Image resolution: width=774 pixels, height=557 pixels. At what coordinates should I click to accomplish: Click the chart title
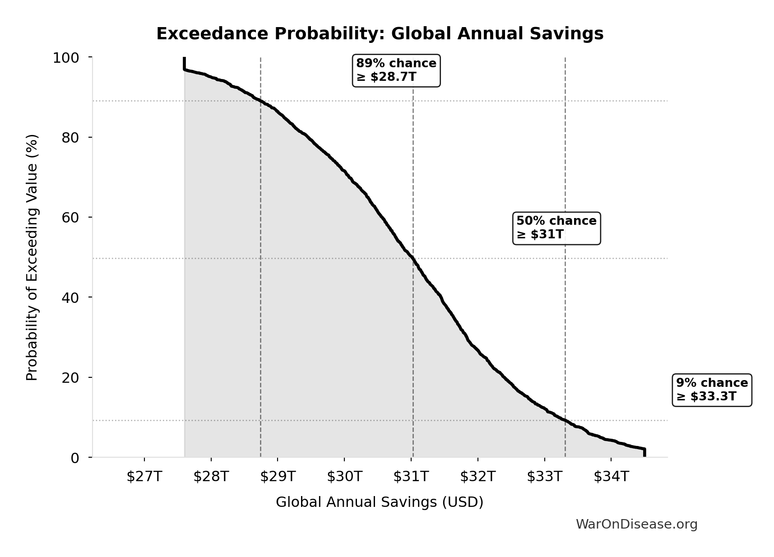tap(380, 34)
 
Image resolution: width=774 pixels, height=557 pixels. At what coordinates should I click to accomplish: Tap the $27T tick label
tap(144, 476)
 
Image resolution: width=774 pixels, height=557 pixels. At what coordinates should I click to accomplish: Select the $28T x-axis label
tap(211, 476)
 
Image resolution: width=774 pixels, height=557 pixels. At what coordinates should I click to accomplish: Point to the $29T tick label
tap(278, 476)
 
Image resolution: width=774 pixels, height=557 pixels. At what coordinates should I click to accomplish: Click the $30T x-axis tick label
tap(344, 476)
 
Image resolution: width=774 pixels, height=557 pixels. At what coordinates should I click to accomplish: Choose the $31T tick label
tap(411, 476)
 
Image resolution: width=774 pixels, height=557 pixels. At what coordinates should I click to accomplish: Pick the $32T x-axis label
tap(477, 476)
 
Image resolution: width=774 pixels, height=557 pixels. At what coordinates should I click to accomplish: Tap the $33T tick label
tap(544, 476)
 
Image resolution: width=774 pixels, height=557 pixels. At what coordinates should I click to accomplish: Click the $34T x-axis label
tap(611, 476)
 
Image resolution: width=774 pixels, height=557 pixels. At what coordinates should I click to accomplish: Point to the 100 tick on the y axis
tap(66, 58)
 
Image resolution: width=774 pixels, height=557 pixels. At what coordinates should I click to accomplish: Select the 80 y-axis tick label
tap(70, 137)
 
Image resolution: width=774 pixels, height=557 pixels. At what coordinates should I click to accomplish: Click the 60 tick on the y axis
tap(70, 217)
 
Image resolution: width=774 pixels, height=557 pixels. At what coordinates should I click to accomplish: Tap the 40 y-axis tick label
tap(70, 297)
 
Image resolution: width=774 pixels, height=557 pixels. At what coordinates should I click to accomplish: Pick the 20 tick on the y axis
tap(70, 377)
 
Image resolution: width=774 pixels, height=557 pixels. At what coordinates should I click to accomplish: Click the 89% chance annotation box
tap(396, 70)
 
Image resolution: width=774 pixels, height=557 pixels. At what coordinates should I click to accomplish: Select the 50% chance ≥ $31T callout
tap(556, 228)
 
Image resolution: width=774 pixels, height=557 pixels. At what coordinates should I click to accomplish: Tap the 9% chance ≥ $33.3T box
tap(712, 390)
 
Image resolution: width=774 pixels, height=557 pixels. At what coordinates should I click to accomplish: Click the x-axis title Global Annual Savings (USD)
tap(380, 502)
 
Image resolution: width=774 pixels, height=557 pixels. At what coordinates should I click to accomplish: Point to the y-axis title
tap(32, 257)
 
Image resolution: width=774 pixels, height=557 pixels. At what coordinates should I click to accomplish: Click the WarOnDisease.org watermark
tap(636, 524)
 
